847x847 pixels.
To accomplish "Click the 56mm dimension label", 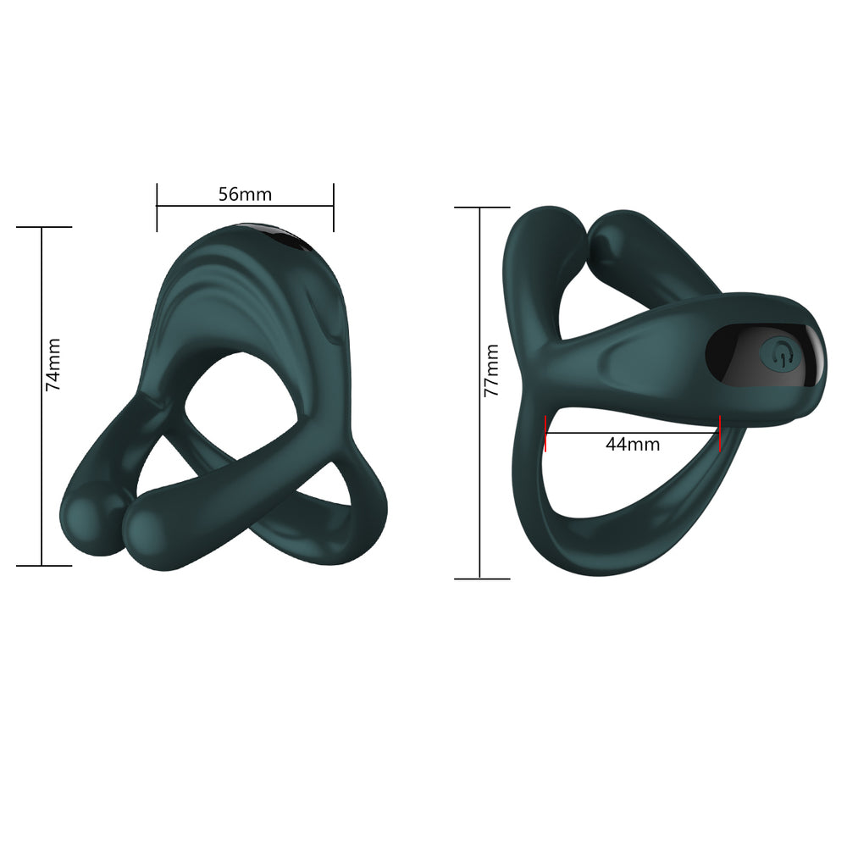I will pos(245,194).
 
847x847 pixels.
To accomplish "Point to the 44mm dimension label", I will pos(633,444).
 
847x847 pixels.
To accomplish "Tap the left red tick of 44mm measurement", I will pos(546,432).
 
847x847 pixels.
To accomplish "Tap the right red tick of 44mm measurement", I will pos(720,432).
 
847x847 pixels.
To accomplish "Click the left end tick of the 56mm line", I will pos(157,207).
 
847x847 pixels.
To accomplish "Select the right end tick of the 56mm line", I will pos(334,207).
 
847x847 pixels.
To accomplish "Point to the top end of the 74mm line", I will pos(42,227).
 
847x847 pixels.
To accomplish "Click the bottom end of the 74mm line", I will pos(42,565).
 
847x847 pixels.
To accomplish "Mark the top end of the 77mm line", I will pos(480,207).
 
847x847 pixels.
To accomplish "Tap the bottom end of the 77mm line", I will pos(480,579).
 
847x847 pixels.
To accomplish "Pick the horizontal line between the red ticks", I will pos(633,433).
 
